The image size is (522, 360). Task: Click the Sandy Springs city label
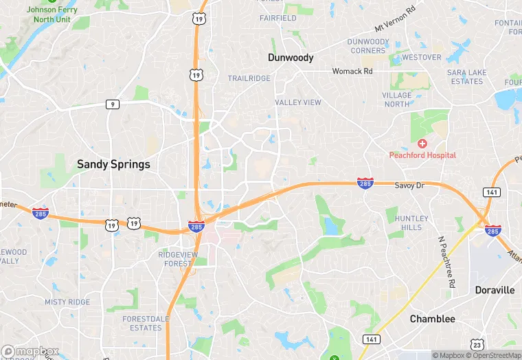click(x=113, y=164)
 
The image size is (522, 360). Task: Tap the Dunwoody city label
click(x=291, y=58)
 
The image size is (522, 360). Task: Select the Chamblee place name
click(x=432, y=319)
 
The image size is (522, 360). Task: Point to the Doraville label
click(x=495, y=290)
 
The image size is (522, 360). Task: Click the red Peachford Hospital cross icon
click(x=422, y=144)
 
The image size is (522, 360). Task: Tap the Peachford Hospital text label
click(x=422, y=155)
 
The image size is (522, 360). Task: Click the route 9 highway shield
click(x=113, y=104)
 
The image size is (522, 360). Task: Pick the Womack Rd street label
click(x=352, y=71)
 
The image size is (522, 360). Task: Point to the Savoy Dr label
click(x=411, y=185)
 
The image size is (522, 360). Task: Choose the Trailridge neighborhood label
click(x=249, y=79)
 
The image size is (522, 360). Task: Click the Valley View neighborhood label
click(x=298, y=102)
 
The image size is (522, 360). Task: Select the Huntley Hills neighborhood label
click(x=412, y=223)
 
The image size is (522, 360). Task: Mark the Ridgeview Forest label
click(x=177, y=258)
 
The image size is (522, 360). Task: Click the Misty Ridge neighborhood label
click(x=67, y=302)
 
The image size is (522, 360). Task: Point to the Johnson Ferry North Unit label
click(x=52, y=14)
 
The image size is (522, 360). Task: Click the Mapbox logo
click(x=30, y=351)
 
